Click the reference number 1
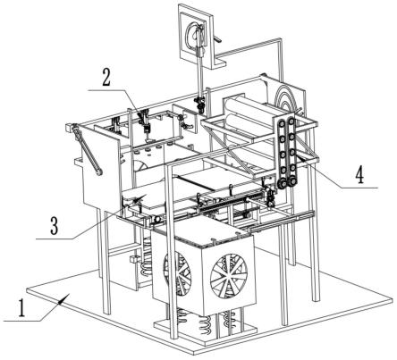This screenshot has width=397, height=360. tap(21, 308)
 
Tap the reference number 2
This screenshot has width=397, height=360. tap(106, 78)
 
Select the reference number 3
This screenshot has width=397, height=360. tap(54, 226)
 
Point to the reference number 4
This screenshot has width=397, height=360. tap(360, 175)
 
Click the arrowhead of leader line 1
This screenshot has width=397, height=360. tap(65, 297)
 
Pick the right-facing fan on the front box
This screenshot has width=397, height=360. tap(229, 276)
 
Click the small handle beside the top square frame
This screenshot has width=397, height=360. tap(218, 38)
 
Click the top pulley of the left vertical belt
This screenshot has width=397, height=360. tap(282, 123)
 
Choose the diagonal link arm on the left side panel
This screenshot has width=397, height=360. tap(87, 151)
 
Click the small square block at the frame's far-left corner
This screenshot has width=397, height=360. tap(69, 128)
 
